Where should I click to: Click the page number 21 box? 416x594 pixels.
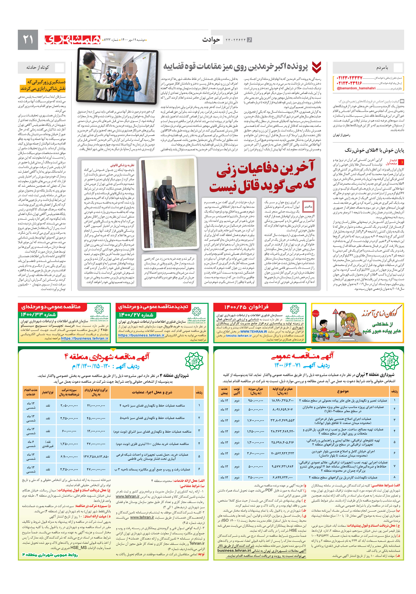[x=28, y=40]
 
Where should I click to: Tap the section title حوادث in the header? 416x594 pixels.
[x=211, y=40]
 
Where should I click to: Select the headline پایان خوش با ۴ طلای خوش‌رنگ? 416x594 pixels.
[x=374, y=150]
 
